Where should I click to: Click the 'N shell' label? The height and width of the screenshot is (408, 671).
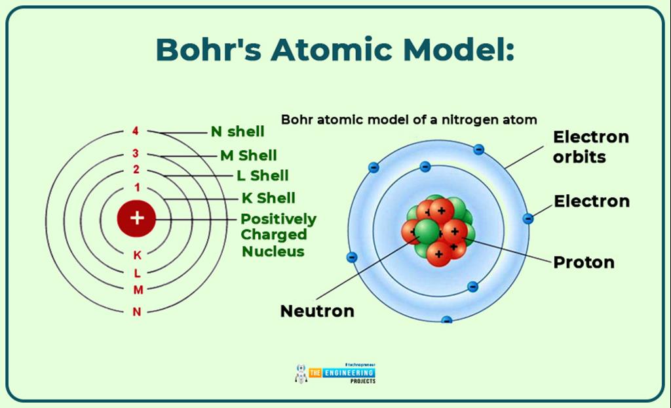237,132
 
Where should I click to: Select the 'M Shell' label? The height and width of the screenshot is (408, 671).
248,155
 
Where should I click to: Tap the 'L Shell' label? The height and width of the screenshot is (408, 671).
262,176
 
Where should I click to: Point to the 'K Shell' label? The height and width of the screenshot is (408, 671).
269,198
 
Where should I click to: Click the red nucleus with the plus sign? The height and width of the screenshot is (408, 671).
136,218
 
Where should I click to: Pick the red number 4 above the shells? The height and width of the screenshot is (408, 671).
136,131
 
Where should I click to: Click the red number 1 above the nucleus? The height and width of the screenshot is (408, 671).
137,188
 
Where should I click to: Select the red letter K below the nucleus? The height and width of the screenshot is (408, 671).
137,256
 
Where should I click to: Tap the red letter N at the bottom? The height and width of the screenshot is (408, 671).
137,312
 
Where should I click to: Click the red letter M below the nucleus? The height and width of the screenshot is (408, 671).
138,289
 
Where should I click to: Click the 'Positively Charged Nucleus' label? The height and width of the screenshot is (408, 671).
278,235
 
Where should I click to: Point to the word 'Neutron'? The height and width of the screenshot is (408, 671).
317,311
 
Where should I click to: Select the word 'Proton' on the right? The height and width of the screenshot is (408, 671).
584,262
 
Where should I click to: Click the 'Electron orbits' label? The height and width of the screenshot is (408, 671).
590,147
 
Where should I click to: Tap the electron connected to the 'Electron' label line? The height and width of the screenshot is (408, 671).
528,218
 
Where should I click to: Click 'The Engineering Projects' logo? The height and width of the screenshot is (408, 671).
335,373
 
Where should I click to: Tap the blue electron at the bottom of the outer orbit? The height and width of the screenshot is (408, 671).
447,320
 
